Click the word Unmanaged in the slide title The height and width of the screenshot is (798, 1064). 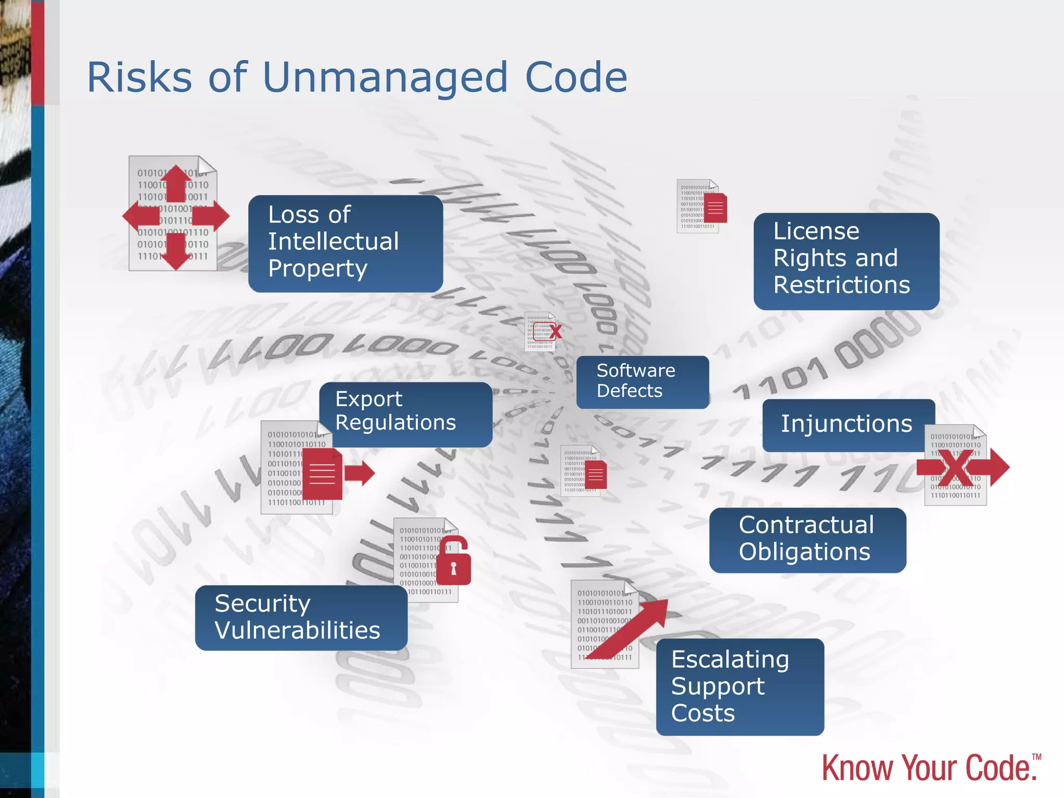click(x=385, y=78)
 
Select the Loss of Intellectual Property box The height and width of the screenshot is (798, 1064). click(x=345, y=243)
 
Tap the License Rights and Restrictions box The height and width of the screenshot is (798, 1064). click(x=846, y=261)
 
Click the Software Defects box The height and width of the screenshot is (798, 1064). click(x=642, y=381)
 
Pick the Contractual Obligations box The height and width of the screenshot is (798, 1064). click(x=807, y=539)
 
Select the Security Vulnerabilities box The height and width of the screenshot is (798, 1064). click(x=301, y=617)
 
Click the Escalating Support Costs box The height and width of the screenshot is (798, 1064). click(x=740, y=686)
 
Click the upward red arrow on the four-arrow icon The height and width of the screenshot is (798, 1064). click(x=176, y=183)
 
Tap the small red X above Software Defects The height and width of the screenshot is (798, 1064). click(x=555, y=331)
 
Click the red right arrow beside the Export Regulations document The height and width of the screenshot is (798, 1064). click(x=360, y=473)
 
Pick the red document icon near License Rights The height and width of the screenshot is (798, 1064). click(x=715, y=208)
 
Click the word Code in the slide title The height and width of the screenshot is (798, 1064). click(x=576, y=78)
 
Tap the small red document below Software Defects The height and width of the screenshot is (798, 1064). click(x=596, y=474)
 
